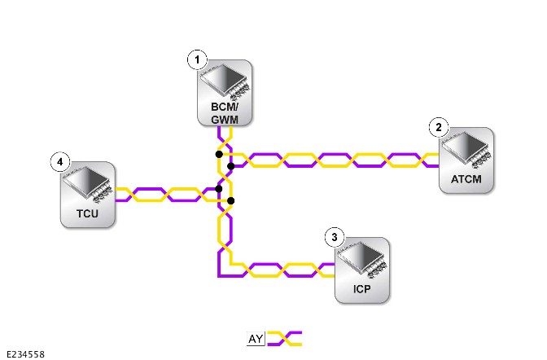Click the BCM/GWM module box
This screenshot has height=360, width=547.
(225, 93)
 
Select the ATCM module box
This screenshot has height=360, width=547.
(466, 160)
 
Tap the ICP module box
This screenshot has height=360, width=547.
(361, 270)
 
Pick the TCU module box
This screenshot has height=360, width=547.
(88, 195)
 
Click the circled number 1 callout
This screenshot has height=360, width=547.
(198, 59)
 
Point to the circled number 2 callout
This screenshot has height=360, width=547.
(439, 127)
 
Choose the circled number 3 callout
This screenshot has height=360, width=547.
(335, 238)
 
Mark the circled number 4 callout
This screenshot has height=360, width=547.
(60, 161)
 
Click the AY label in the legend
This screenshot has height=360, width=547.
(256, 339)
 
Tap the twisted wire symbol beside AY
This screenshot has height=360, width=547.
(285, 339)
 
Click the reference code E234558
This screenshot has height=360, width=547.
(25, 354)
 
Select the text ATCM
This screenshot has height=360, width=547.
(466, 179)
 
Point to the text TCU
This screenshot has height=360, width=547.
(87, 213)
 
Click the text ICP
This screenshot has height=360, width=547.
(361, 289)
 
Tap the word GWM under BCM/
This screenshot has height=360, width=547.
(225, 120)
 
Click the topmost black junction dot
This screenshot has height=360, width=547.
(219, 154)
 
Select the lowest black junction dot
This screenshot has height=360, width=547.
(230, 201)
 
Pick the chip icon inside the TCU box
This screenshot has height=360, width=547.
(88, 184)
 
